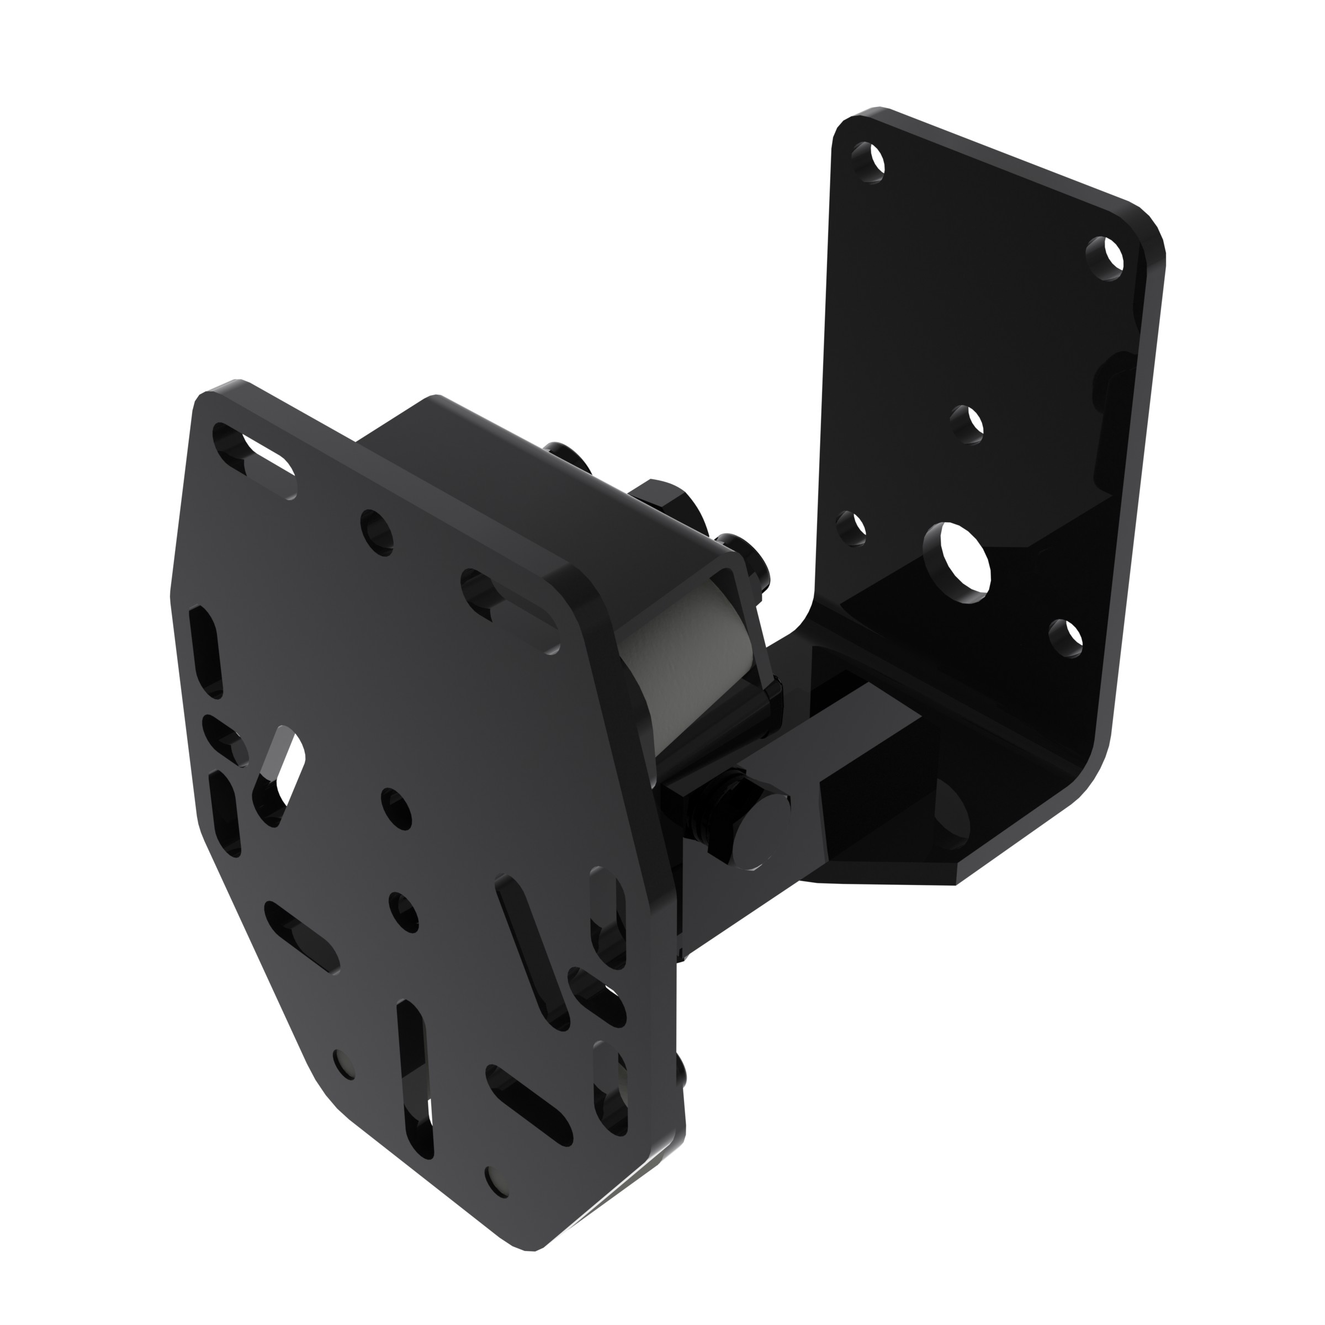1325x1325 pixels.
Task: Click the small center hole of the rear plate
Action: pos(968,425)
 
